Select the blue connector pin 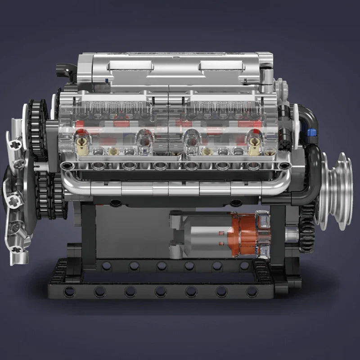(x=311, y=132)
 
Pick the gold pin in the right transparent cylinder (x=254, y=145)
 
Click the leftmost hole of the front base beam (x=70, y=292)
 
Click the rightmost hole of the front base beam (x=252, y=292)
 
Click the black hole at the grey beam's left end (x=67, y=166)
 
